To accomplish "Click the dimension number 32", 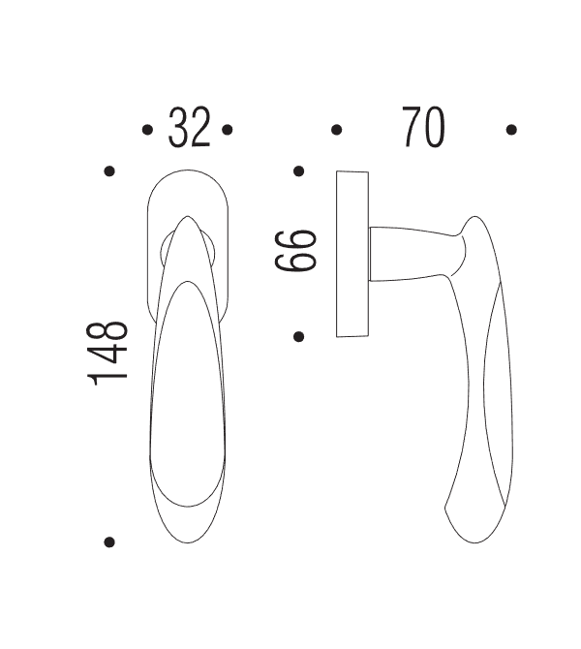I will (189, 128).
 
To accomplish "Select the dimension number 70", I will (423, 128).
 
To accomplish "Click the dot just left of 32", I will (147, 129).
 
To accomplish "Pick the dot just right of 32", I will (227, 129).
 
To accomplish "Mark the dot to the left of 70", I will (336, 129).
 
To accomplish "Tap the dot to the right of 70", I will (511, 129).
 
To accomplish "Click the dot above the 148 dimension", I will (109, 171).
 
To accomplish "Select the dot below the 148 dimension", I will (109, 541).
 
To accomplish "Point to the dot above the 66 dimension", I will (299, 172).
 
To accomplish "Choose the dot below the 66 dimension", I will (299, 336).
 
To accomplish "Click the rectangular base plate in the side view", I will (352, 254).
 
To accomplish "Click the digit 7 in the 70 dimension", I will (411, 128).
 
